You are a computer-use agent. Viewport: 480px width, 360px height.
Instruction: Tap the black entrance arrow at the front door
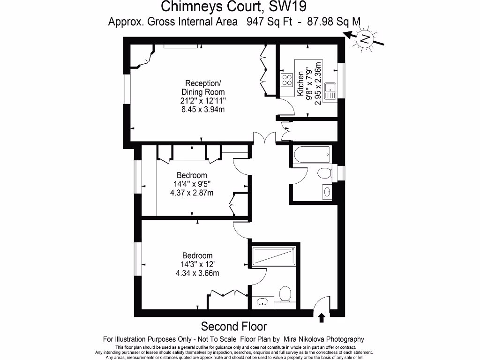point(322,318)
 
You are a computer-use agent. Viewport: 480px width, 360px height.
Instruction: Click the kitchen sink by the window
point(331,89)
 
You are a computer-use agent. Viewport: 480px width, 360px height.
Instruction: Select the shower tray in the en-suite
point(274,256)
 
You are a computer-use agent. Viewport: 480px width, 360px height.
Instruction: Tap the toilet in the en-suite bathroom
point(285,295)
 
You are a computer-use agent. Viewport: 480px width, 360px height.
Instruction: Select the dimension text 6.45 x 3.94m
point(203,110)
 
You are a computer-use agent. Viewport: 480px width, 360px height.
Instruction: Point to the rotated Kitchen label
point(300,84)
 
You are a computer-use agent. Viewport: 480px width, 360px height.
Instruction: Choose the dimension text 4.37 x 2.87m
point(192,193)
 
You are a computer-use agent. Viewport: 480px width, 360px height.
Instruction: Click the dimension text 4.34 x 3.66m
point(197,273)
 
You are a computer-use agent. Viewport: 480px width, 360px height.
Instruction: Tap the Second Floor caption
point(233,326)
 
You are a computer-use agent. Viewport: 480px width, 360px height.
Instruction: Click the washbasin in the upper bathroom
point(326,191)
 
